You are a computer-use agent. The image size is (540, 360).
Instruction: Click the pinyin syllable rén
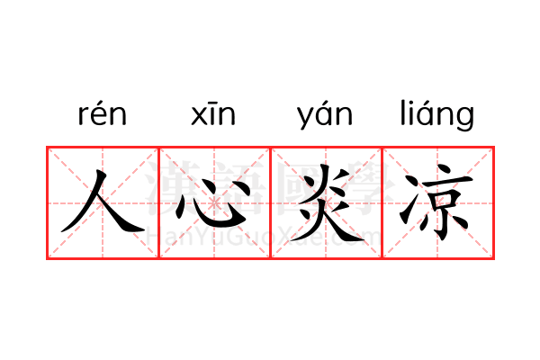pos(103,113)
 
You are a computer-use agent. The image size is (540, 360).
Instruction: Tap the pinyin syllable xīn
pos(213,114)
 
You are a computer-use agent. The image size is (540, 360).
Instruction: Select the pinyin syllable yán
pos(325,115)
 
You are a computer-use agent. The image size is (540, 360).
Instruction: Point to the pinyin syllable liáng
pos(437,114)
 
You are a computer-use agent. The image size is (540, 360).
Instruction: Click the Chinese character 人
pos(103,201)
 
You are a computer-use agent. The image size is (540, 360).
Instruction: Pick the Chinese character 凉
pos(436,202)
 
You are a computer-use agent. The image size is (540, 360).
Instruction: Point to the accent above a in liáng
pos(427,103)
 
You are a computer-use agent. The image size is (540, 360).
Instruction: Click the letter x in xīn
pos(198,116)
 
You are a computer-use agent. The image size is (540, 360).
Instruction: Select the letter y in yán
pos(305,119)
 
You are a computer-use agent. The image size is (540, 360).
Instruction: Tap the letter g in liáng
pos(466,119)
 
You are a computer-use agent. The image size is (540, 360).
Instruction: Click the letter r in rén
pos(83,116)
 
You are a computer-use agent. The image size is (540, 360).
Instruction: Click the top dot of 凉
pos(445,170)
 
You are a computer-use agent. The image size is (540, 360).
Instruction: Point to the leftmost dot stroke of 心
pos(181,210)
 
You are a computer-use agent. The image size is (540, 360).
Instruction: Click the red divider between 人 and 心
pos(158,202)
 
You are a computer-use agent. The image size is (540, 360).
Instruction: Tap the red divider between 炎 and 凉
pos(382,202)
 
